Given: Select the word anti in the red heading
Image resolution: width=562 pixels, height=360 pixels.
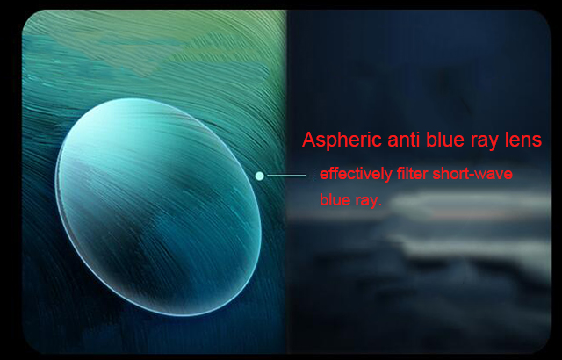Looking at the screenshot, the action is point(403,140).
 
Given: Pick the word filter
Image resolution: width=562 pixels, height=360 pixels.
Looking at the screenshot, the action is point(412,174).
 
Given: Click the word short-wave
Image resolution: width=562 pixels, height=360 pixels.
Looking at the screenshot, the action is point(472,174).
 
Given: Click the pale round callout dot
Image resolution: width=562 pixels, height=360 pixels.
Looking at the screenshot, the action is point(260,176).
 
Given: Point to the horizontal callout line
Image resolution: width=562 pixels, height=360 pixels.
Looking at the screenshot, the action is point(287,176).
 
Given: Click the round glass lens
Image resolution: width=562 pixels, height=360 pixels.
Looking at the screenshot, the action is point(158,207).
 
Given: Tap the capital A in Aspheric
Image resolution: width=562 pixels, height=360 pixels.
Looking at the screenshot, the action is point(309,140).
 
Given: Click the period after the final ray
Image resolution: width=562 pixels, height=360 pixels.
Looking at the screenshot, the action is point(379,205).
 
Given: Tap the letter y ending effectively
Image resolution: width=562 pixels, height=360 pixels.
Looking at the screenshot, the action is point(388,176).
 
